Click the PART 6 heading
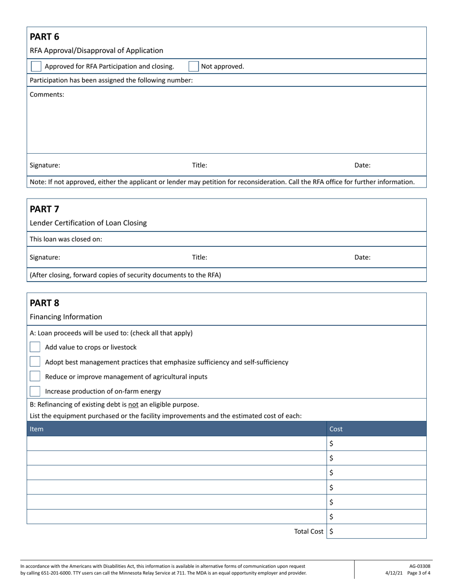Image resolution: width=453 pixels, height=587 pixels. click(44, 37)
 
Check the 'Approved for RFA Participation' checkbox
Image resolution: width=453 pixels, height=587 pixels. click(36, 66)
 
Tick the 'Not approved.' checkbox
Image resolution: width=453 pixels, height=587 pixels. click(194, 66)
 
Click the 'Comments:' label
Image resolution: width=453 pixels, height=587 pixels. click(47, 94)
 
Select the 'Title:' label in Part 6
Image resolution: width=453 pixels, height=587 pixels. click(199, 166)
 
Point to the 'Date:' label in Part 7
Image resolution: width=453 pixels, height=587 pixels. click(362, 257)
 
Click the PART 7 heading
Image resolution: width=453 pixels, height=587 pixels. click(44, 209)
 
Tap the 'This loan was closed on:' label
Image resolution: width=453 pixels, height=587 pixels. click(66, 239)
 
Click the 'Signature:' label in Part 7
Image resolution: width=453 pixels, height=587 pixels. click(45, 257)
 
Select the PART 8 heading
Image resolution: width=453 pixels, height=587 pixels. click(44, 303)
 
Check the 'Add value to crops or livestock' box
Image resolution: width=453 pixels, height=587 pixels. click(35, 347)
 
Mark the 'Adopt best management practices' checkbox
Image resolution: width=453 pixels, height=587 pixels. click(35, 362)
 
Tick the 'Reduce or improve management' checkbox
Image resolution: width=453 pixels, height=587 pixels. click(35, 377)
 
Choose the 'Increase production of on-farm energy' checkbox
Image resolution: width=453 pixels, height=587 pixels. click(35, 391)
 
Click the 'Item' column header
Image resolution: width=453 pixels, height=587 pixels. click(37, 429)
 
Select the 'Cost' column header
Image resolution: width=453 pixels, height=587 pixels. click(336, 429)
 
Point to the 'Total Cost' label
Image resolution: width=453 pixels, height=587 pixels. click(309, 531)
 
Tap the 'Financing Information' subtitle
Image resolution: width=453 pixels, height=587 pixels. click(66, 317)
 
